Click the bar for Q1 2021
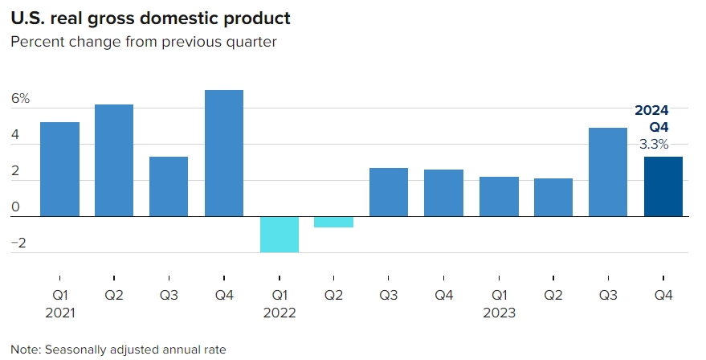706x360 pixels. tap(59, 169)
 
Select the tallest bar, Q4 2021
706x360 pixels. tap(224, 153)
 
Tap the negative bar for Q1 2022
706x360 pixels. tap(280, 234)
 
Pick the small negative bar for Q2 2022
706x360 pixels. tap(334, 222)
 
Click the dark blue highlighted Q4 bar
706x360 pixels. tap(663, 186)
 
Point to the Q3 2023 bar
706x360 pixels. tap(608, 172)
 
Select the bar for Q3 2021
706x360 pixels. tap(169, 186)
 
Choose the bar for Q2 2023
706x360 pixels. tap(553, 197)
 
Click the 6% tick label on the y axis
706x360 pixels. tap(20, 99)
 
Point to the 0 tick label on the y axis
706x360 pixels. tap(15, 207)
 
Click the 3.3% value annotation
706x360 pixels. tap(653, 145)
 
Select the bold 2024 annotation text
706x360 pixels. tap(651, 111)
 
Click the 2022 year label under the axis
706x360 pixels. tap(280, 313)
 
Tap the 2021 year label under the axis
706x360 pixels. tap(59, 313)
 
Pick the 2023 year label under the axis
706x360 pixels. tap(499, 313)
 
